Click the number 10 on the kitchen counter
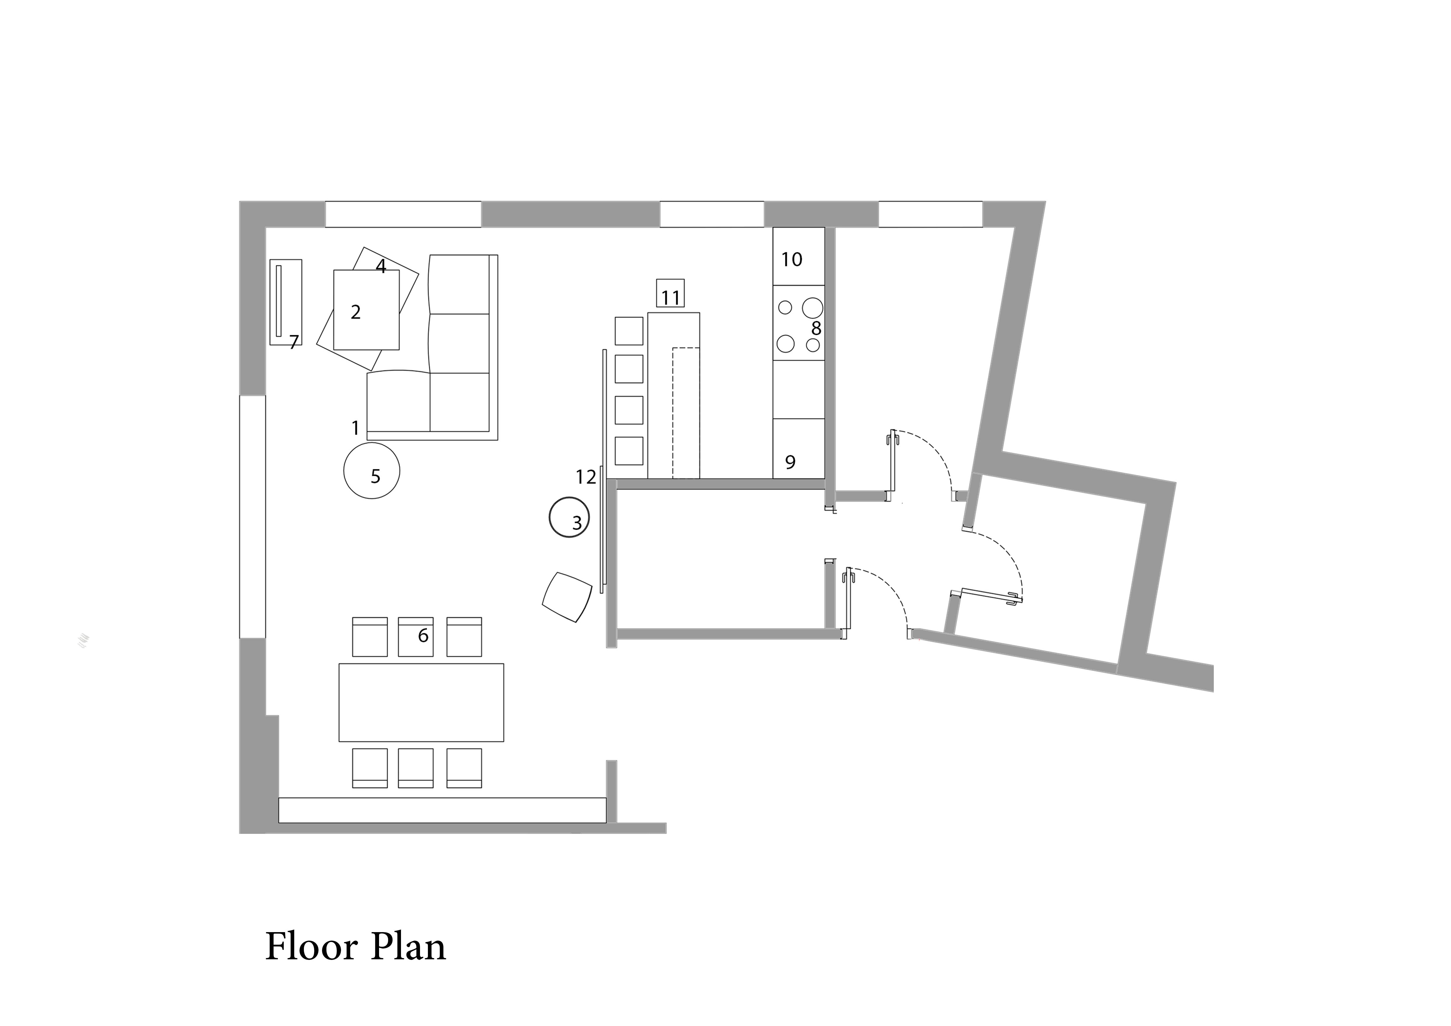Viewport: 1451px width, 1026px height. click(792, 259)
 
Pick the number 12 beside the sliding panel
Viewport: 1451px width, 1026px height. click(586, 477)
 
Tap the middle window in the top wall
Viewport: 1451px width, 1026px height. click(712, 214)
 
